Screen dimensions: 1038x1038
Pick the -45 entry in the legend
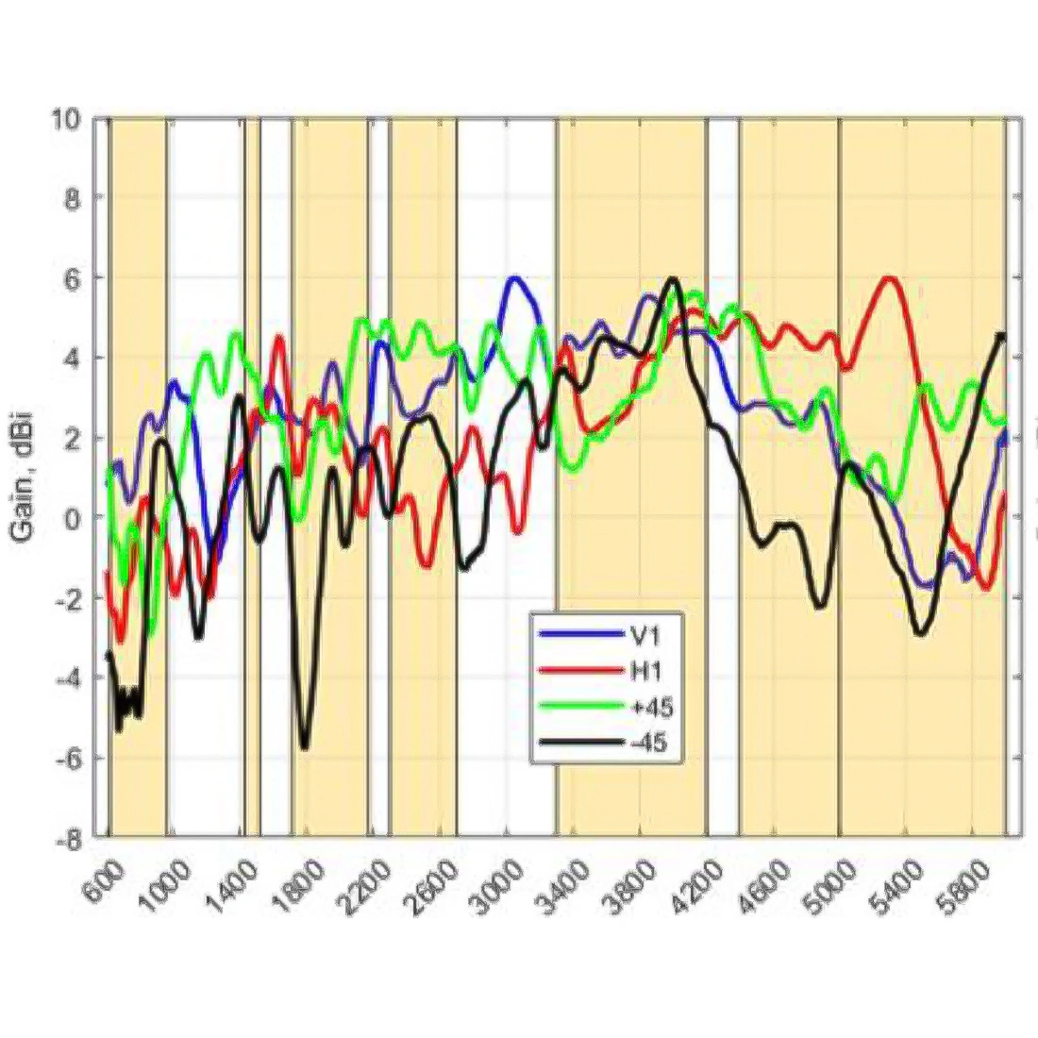(648, 743)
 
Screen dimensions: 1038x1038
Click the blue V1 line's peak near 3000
(514, 277)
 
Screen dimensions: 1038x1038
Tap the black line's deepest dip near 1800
(304, 747)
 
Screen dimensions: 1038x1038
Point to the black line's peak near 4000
(673, 278)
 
